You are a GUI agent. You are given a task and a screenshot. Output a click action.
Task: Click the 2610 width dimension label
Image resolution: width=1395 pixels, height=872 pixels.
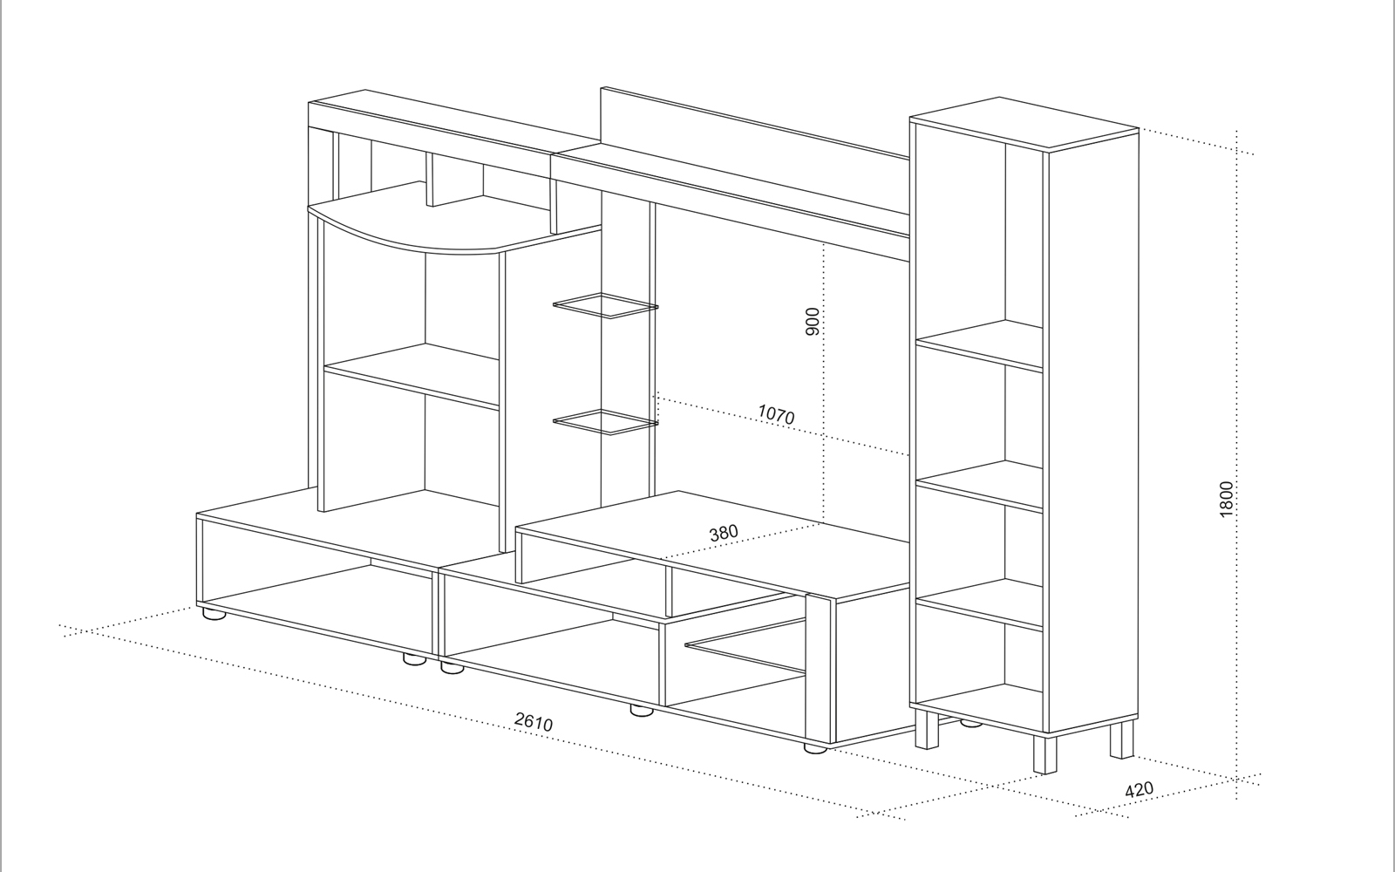(x=534, y=721)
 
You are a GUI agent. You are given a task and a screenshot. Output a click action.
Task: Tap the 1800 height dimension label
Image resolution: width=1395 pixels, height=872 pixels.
(x=1226, y=499)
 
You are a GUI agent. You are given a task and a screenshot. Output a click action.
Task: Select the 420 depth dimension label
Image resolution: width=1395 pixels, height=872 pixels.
(x=1139, y=789)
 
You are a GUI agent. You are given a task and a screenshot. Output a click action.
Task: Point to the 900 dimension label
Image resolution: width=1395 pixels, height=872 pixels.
(x=813, y=322)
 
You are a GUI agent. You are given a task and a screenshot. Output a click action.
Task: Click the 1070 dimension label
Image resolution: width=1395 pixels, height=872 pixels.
(x=776, y=414)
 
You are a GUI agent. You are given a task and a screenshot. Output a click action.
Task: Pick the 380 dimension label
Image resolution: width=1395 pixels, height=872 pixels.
(x=724, y=533)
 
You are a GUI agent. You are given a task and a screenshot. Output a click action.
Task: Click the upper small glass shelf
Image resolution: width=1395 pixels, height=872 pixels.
(x=605, y=305)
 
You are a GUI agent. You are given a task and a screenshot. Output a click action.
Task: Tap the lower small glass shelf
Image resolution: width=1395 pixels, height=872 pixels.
(x=605, y=422)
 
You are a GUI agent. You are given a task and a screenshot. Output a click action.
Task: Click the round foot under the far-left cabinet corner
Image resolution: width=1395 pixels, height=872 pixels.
(x=214, y=614)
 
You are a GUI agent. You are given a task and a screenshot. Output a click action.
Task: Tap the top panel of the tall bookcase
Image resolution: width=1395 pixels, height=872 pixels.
(x=1024, y=123)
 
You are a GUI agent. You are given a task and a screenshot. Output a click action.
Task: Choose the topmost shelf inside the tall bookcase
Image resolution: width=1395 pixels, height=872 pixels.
(x=980, y=345)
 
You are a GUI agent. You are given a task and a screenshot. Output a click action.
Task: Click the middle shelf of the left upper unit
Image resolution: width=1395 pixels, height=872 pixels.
(x=412, y=376)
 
